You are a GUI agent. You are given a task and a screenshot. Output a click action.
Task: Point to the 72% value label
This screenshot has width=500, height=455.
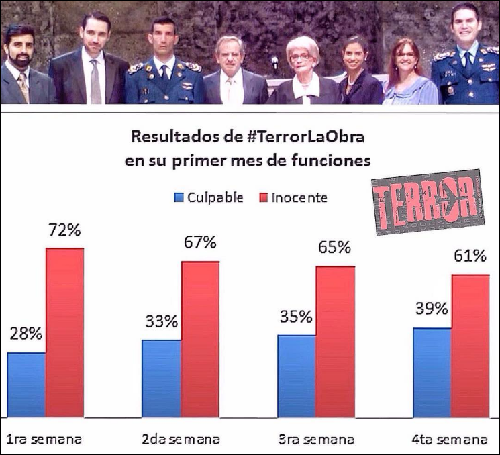[x=64, y=231]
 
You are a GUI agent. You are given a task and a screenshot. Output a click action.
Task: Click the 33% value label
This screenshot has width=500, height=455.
[x=161, y=321]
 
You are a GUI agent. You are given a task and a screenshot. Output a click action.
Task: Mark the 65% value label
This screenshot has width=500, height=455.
[x=335, y=247]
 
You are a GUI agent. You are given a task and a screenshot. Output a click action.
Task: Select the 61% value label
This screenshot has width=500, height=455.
[x=470, y=256]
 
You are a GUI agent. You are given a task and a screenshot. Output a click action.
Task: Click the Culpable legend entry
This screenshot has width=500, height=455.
[x=209, y=197]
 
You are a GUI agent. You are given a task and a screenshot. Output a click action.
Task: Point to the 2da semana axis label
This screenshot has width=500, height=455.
[x=181, y=440]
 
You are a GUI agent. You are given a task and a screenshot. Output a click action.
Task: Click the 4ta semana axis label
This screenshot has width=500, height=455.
[x=449, y=440]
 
